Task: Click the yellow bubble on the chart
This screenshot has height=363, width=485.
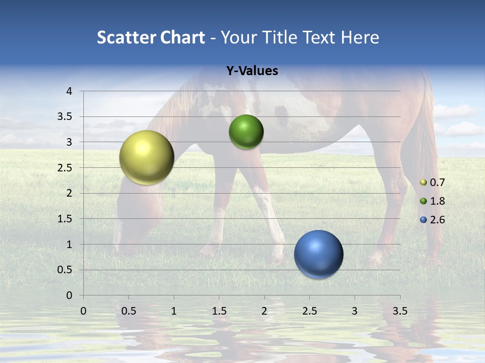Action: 147,157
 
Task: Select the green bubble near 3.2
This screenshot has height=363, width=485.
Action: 246,132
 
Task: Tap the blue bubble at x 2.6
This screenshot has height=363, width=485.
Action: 318,255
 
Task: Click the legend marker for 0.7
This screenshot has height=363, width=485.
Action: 423,183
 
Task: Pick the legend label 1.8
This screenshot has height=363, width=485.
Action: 437,201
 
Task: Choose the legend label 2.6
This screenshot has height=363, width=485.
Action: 437,220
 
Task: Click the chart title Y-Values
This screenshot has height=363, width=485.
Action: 252,71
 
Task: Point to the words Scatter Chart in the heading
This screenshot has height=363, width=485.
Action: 151,37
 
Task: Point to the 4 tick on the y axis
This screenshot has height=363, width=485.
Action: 70,91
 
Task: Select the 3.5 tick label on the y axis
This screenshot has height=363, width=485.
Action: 65,116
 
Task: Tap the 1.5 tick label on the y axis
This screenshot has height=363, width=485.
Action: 65,219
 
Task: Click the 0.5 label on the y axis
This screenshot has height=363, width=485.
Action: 65,270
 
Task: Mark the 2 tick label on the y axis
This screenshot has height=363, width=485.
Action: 70,193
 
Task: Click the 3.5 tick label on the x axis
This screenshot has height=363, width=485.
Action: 400,311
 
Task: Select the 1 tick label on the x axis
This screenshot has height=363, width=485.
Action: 174,311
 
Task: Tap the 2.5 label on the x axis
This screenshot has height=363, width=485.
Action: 309,311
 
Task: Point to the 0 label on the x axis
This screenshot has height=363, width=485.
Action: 83,311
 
